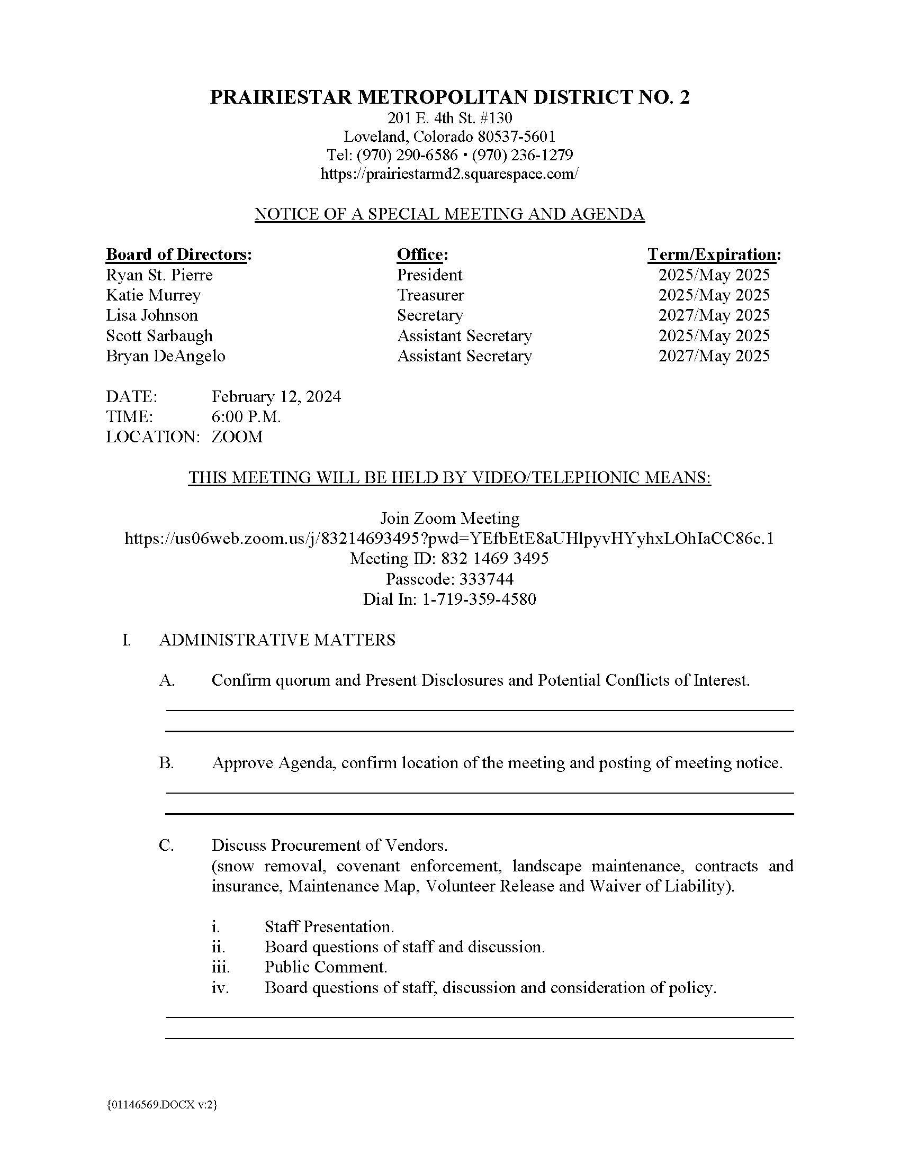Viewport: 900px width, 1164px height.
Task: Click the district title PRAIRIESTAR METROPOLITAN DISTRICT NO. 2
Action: click(x=449, y=97)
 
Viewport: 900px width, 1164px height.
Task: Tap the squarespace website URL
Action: click(x=449, y=174)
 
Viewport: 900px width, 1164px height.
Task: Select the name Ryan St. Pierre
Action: click(x=159, y=275)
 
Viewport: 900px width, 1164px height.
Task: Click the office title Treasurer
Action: click(x=430, y=295)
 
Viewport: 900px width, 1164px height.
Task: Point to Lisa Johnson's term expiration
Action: click(x=714, y=315)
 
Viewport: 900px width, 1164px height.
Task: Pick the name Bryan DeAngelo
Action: click(x=165, y=356)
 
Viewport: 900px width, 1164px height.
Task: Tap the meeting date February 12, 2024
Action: click(x=276, y=396)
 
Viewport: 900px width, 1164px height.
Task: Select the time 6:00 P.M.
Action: click(x=246, y=417)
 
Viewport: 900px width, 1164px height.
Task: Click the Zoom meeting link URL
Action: click(x=449, y=538)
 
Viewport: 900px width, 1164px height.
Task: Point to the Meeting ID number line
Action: click(x=449, y=559)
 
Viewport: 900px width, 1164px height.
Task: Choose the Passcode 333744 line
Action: click(x=449, y=579)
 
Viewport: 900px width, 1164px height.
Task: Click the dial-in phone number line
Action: click(x=449, y=599)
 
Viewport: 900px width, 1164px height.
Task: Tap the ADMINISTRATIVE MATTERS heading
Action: click(x=277, y=640)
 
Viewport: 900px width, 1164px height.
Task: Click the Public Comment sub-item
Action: click(x=326, y=967)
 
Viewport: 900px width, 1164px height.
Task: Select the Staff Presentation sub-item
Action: click(x=329, y=926)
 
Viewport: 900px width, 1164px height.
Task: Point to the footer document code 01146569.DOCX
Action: click(x=161, y=1105)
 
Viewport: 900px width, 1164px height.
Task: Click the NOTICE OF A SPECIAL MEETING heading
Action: click(x=449, y=214)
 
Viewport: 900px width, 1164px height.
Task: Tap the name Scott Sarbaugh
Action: click(x=159, y=336)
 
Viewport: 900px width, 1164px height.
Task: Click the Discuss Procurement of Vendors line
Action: click(x=329, y=845)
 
